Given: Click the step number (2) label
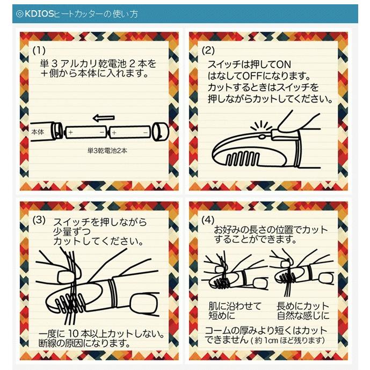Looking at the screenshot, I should click(x=207, y=51).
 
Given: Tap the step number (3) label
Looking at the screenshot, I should click(x=39, y=220).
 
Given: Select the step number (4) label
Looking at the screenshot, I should click(x=207, y=220).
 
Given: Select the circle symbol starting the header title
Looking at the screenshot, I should click(x=20, y=14).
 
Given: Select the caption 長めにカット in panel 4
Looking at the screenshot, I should click(x=303, y=306).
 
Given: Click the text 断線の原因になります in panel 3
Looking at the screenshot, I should click(x=81, y=343).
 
